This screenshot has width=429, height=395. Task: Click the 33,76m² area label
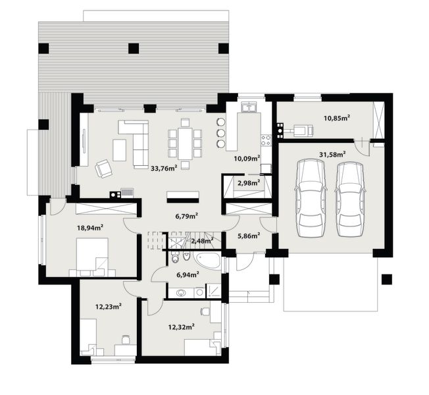[164, 168]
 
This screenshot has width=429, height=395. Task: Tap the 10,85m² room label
[336, 118]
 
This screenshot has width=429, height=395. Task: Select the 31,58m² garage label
[333, 155]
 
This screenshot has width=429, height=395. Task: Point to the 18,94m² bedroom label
[91, 228]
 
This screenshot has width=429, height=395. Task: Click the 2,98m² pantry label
[247, 182]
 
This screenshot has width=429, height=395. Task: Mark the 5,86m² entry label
[247, 236]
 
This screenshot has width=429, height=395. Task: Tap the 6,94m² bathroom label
[187, 275]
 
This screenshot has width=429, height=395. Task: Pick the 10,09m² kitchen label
[247, 158]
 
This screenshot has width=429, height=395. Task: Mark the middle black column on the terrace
[134, 48]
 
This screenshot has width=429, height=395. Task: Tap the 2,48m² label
[201, 241]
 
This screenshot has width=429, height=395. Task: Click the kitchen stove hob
[266, 140]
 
